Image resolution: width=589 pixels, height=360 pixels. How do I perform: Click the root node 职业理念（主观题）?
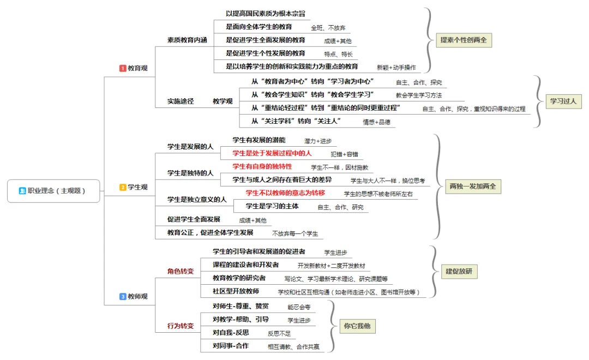point(53,191)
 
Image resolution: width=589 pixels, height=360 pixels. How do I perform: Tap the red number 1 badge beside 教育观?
point(123,68)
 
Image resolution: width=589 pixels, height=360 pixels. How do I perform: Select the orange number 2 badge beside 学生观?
point(123,187)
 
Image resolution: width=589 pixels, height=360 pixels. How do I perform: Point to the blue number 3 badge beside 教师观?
point(123,297)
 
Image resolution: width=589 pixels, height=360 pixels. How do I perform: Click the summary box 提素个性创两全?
point(464,40)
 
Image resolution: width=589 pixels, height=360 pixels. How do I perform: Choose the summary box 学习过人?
point(563,101)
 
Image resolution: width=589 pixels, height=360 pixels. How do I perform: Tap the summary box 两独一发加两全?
point(472,187)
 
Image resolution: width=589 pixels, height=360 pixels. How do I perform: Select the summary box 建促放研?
point(459,271)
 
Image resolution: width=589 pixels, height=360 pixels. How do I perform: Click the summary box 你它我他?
point(358,327)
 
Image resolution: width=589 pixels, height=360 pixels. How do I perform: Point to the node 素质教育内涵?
point(187,40)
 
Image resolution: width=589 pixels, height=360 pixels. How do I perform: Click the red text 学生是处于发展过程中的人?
point(272,153)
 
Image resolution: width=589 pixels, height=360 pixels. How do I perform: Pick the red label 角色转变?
point(180,271)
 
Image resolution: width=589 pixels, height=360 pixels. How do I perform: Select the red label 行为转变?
point(180,326)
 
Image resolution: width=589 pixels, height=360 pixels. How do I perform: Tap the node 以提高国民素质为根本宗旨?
point(265,13)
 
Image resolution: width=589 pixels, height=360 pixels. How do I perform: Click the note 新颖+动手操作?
point(396,67)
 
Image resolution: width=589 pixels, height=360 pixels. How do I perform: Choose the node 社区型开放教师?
point(236,291)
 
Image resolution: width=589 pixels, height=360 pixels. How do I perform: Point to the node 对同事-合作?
point(230,346)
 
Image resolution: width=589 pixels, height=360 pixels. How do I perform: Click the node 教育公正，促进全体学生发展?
point(210,232)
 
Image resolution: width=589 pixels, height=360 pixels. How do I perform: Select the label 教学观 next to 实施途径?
point(223,101)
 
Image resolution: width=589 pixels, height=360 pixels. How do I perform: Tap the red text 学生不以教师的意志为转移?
point(285,193)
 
